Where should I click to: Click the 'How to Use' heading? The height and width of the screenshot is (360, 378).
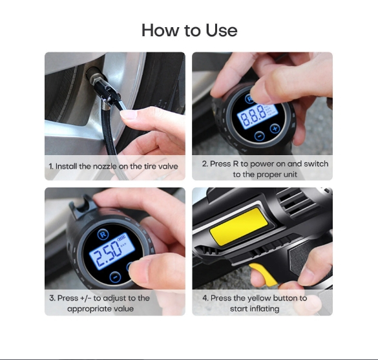189,30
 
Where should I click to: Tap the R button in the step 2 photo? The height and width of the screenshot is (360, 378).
249,98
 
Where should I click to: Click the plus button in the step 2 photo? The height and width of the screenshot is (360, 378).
275,128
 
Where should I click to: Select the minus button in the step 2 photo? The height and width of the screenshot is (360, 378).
260,136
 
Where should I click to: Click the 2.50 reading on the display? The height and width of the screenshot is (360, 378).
108,255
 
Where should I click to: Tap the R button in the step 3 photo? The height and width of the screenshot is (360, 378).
103,234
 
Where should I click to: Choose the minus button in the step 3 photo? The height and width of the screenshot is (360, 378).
115,277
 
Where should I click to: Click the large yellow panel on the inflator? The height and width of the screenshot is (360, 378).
238,227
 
